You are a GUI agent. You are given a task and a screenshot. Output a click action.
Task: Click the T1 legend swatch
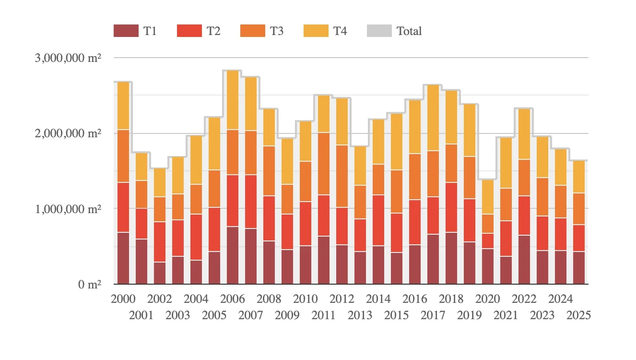(126, 31)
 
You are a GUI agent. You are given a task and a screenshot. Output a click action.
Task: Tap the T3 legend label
(276, 31)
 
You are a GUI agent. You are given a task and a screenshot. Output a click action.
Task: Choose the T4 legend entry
(340, 31)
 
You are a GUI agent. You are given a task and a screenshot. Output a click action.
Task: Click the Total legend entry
(409, 31)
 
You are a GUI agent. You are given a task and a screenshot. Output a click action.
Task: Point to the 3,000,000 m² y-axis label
(68, 58)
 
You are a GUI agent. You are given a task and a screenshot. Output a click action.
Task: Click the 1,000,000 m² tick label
(68, 209)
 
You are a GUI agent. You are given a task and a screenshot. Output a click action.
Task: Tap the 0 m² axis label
(90, 285)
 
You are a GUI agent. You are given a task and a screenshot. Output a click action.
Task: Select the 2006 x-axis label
(233, 299)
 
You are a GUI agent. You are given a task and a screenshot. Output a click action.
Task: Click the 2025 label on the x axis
(579, 315)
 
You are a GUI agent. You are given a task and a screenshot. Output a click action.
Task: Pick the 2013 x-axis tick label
(360, 315)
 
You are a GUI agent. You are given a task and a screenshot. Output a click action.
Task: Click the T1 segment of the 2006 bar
(233, 255)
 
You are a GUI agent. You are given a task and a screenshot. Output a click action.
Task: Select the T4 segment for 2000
(123, 106)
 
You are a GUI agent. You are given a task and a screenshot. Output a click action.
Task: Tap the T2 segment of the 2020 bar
(488, 241)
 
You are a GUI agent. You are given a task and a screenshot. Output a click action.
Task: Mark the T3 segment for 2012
(342, 176)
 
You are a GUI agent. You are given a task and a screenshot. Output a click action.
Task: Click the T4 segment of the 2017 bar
(433, 118)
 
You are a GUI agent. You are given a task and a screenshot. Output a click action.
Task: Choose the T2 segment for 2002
(160, 242)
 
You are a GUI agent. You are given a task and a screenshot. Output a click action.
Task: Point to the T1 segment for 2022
(524, 259)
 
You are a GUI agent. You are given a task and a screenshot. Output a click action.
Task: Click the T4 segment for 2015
(397, 142)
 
